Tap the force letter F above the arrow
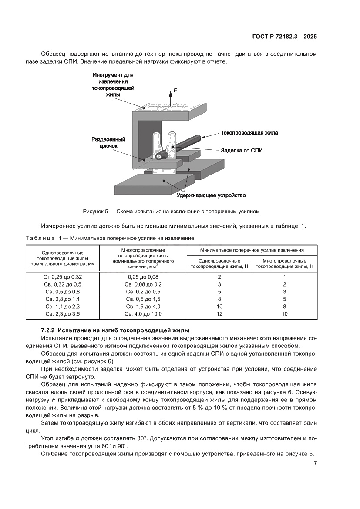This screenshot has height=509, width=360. coord(175,90)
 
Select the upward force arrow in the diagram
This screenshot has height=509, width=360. coord(171,98)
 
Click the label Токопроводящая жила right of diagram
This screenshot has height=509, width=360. coord(249,133)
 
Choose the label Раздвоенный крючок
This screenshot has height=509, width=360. coord(108,143)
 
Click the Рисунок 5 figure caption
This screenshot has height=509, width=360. coord(171,212)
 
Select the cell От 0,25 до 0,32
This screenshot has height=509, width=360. coord(63,276)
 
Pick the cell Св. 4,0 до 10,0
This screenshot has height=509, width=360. coord(143,313)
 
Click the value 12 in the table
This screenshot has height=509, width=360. coord(219,313)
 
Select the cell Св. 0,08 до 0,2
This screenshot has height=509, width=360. coord(143,284)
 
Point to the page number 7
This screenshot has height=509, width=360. coord(315,463)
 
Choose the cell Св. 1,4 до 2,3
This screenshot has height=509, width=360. coord(63,306)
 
